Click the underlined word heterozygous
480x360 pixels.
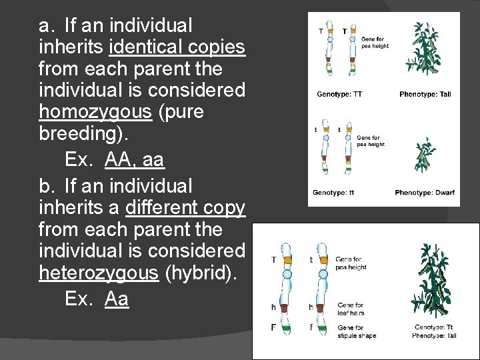point(98,273)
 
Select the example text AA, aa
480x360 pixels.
point(134,160)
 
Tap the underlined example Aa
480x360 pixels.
point(117,299)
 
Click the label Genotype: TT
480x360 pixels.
point(339,94)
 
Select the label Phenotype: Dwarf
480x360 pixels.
point(424,193)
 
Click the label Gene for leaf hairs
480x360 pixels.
point(351,309)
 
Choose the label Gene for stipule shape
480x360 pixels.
point(356,331)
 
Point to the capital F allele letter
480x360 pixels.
point(273,327)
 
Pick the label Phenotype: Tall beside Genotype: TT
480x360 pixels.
point(425,94)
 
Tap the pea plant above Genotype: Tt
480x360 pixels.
point(435,281)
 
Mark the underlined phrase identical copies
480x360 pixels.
point(177,47)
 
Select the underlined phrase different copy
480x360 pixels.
point(185,208)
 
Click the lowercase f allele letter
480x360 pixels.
point(311,327)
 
